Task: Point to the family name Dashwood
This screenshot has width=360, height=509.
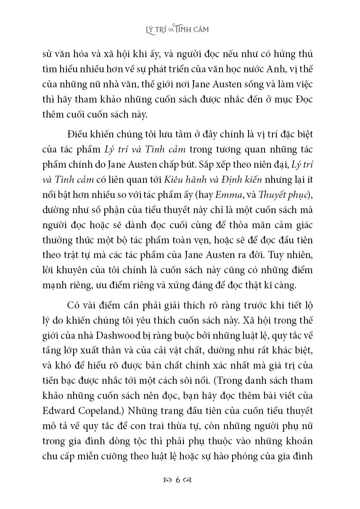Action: click(x=117, y=333)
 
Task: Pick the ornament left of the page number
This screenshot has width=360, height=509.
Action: click(x=167, y=480)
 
